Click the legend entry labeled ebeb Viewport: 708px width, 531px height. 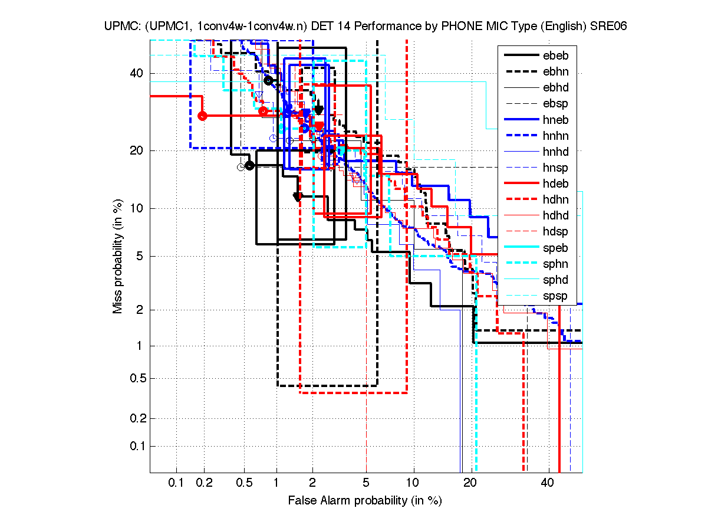tap(555, 56)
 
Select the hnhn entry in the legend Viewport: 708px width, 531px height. tap(555, 136)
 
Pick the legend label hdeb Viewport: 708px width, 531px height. tap(555, 183)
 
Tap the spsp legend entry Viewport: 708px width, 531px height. tap(555, 296)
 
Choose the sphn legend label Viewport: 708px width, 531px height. tap(555, 264)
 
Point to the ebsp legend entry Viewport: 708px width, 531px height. tap(555, 104)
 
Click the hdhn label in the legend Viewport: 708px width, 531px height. tap(555, 199)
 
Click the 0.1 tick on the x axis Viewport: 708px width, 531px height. tap(176, 483)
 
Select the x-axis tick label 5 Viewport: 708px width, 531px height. tap(366, 483)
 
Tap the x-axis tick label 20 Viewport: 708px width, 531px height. tap(470, 483)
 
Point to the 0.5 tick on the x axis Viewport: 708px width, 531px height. tap(243, 483)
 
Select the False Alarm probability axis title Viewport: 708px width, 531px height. tap(365, 501)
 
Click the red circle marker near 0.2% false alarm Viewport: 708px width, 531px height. tap(202, 116)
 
